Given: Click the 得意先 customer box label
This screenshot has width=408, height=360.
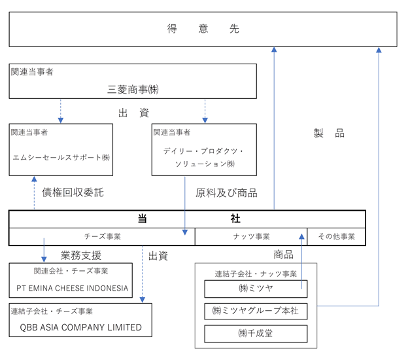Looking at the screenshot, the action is [x=203, y=29].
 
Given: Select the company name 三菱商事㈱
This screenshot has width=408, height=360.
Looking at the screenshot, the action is [x=133, y=90].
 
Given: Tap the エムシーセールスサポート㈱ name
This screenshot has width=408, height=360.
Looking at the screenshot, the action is [x=61, y=157].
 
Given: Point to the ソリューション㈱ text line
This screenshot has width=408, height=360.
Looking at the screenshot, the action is [x=205, y=164].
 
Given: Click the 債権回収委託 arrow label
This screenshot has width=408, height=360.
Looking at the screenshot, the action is [x=73, y=192].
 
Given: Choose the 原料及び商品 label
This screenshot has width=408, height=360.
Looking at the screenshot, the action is [x=226, y=193].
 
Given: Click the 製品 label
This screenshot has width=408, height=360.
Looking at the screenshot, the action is [x=329, y=133].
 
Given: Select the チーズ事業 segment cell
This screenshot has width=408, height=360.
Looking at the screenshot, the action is [x=102, y=236].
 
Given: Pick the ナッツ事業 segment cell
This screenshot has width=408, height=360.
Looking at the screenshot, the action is [x=251, y=236].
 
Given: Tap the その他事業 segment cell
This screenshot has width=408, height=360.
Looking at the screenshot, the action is [x=337, y=236].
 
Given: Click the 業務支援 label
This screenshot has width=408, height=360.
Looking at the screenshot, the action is [x=81, y=255].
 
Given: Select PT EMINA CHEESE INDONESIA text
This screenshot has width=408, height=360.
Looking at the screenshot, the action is [x=73, y=288].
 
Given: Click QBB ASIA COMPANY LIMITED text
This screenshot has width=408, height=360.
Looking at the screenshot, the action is [x=80, y=327].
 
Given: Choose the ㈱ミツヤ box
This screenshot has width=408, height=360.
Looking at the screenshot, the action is [x=256, y=289].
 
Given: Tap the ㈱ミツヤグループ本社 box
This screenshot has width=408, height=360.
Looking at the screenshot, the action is [x=256, y=311].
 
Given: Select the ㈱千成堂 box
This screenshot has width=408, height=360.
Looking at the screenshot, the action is [x=256, y=334].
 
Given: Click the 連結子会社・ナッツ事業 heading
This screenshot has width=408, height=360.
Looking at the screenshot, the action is [x=256, y=274].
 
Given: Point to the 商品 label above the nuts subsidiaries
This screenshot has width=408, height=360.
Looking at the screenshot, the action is [x=283, y=255].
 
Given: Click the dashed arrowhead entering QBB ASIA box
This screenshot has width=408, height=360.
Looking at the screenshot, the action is [x=143, y=300].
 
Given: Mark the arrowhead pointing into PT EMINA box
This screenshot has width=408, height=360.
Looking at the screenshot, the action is [x=44, y=259].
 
